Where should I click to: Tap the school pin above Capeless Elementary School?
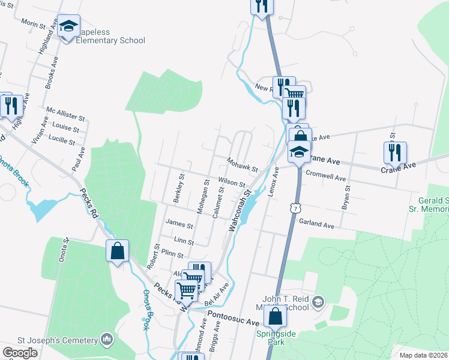click(69, 26)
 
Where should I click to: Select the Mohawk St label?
click(242, 163)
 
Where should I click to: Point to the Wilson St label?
click(232, 181)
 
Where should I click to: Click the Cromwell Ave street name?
click(326, 178)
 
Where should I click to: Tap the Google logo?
click(20, 353)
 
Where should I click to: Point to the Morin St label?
click(34, 23)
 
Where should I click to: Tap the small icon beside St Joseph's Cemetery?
click(107, 340)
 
